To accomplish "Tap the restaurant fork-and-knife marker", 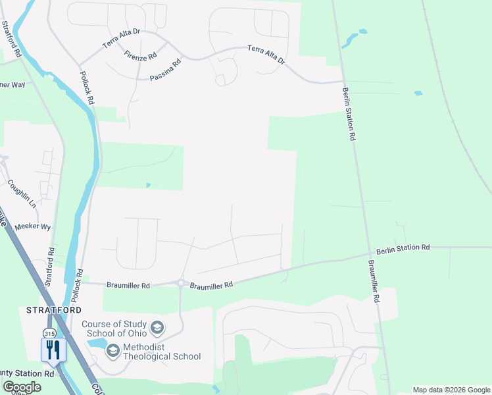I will click(53, 349).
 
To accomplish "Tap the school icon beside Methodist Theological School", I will click(112, 351).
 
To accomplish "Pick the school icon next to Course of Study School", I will click(157, 327).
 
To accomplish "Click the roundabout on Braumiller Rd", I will click(180, 284).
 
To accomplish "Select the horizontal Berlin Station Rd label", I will click(403, 248).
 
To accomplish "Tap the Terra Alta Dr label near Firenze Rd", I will click(122, 40).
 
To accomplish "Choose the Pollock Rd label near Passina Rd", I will click(87, 88).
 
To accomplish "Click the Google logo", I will click(22, 386).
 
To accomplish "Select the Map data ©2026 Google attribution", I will click(451, 390).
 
